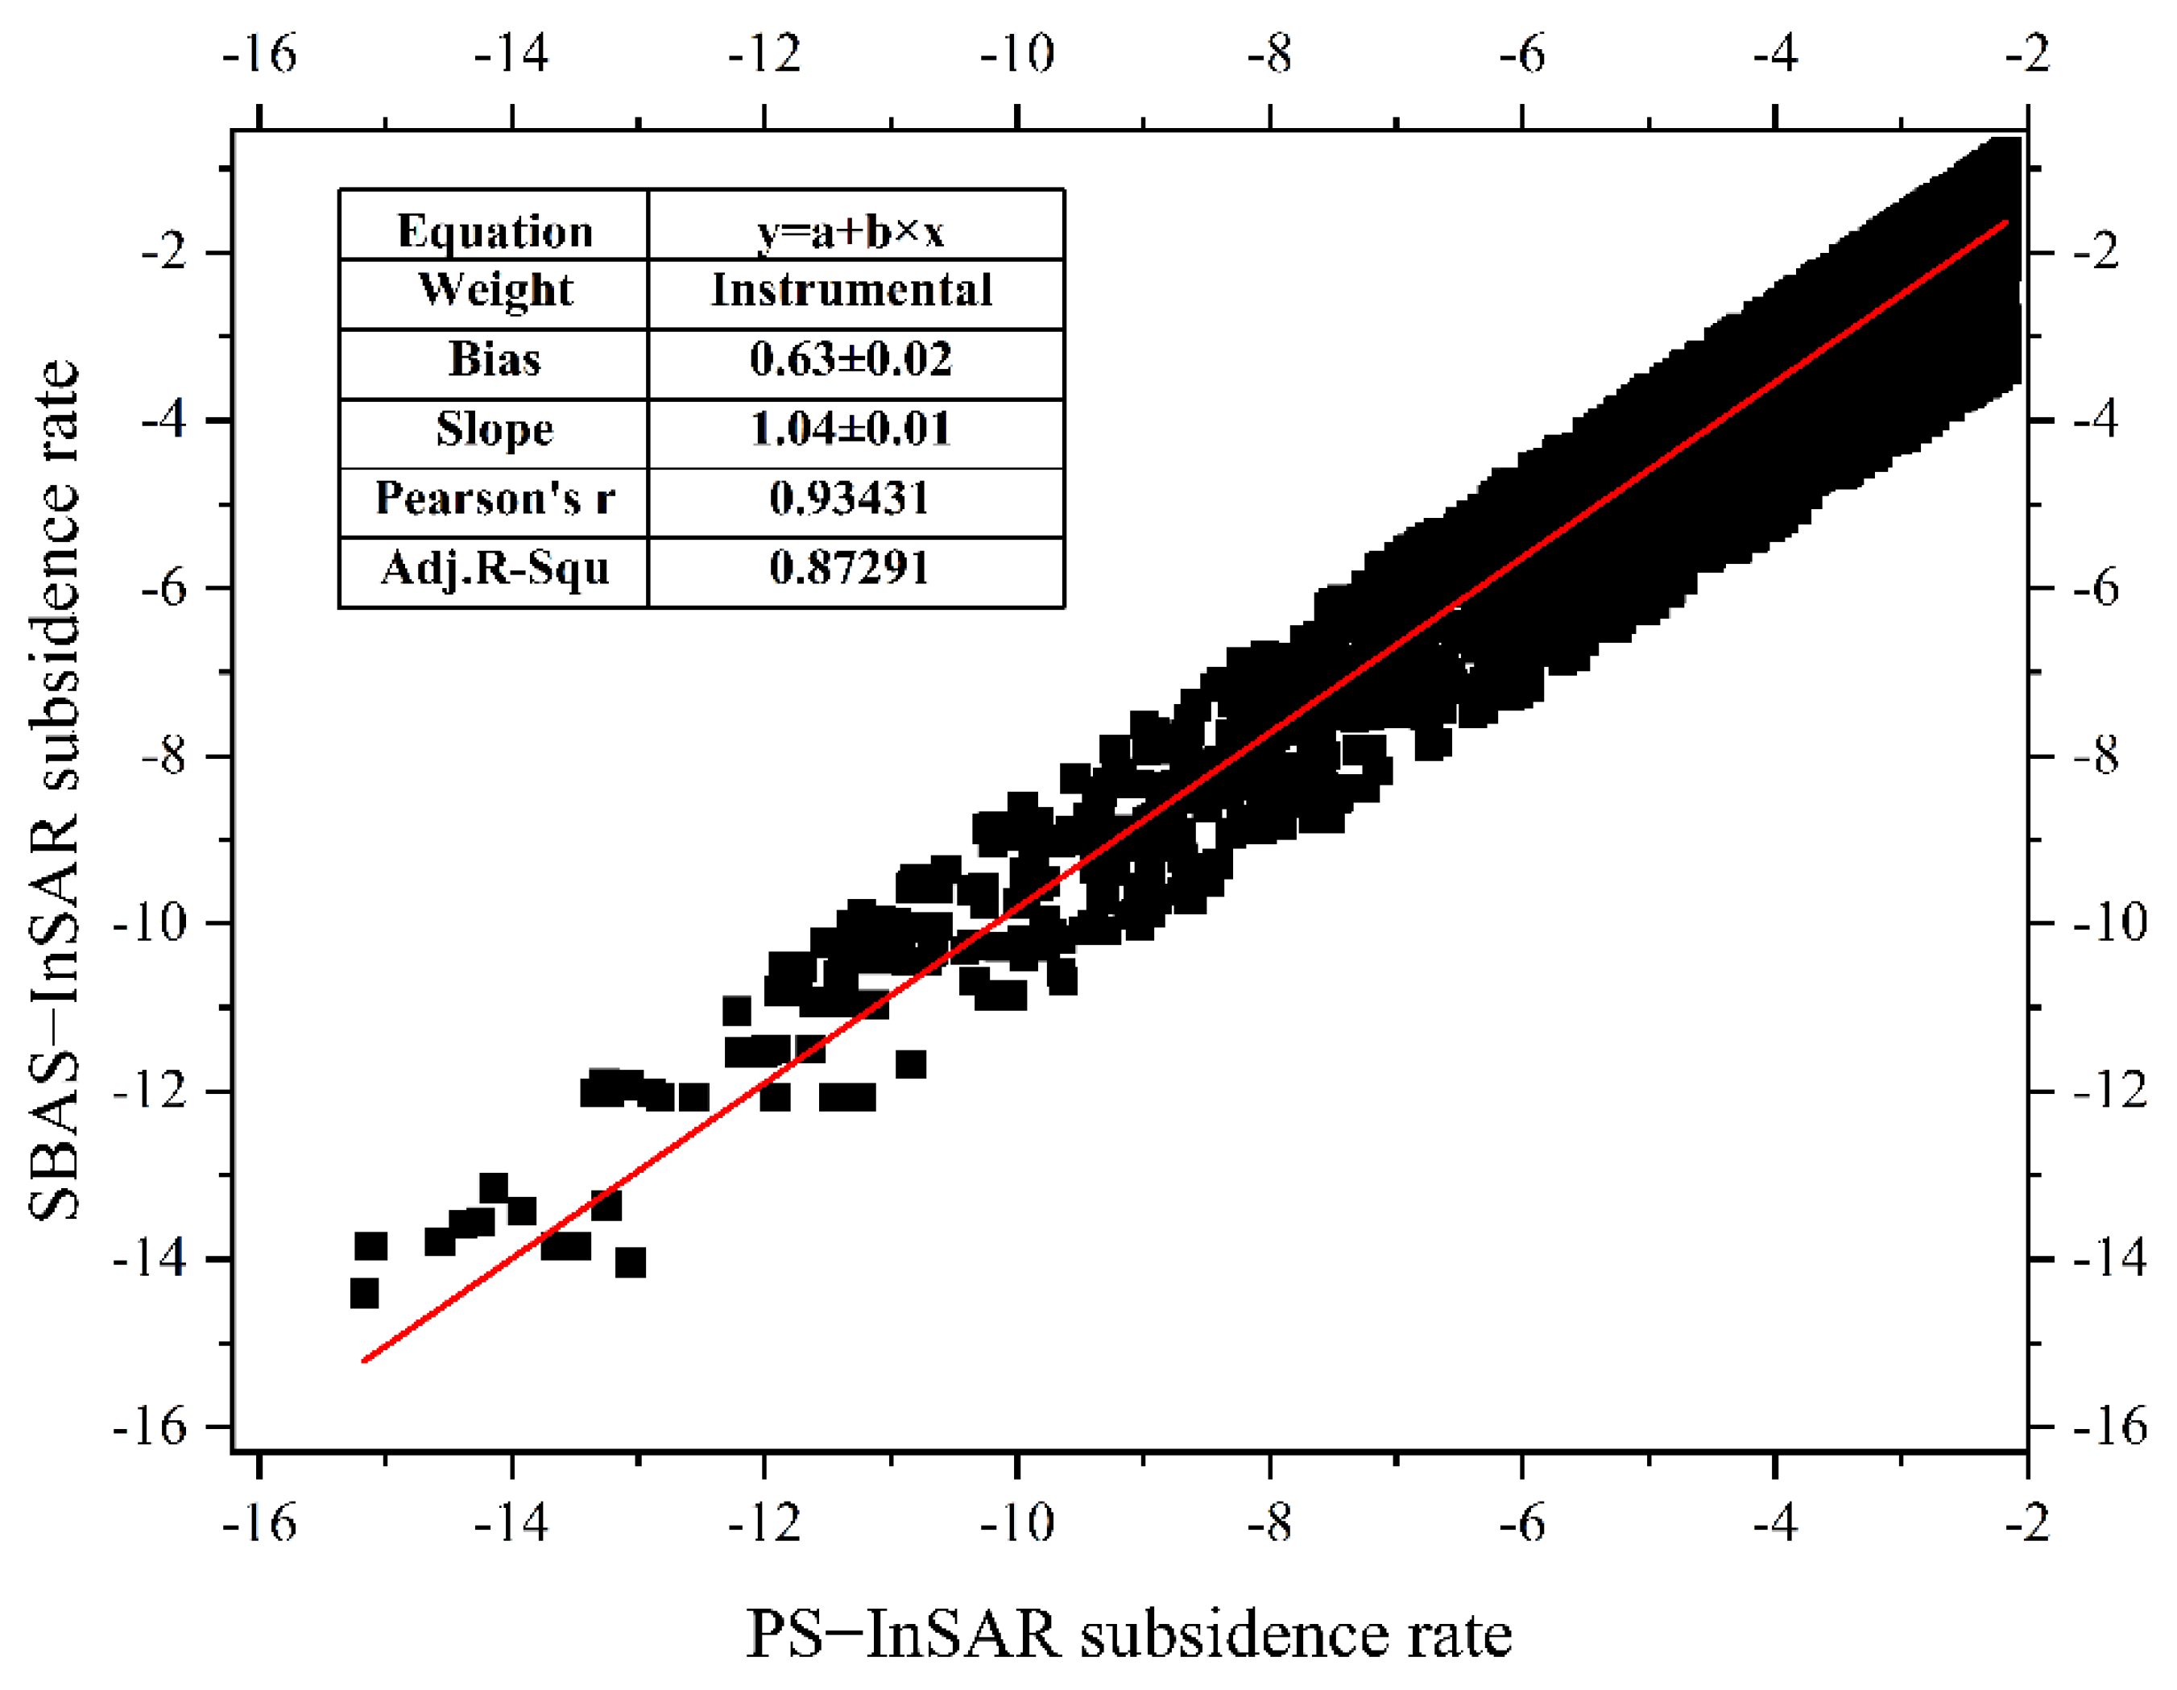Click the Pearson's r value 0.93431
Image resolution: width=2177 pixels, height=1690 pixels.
[x=849, y=498]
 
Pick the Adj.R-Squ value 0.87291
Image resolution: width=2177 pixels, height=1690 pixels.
[x=849, y=567]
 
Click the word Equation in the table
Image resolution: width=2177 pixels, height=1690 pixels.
[x=495, y=231]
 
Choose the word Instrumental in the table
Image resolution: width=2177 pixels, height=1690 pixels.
[x=851, y=290]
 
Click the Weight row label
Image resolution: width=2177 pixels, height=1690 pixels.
[x=495, y=290]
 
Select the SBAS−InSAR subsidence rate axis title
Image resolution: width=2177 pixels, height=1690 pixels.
[x=52, y=789]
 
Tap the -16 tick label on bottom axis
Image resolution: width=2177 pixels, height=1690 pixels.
[x=259, y=1522]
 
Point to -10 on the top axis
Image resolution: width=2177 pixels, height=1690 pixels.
[x=1016, y=53]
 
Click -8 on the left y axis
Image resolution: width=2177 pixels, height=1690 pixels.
[x=163, y=756]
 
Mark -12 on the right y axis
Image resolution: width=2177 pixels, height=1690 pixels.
[x=2109, y=1090]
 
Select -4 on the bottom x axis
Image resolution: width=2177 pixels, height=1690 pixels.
[x=1775, y=1522]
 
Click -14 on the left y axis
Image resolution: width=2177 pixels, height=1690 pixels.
[x=150, y=1259]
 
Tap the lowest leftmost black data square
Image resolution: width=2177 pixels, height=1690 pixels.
[x=365, y=1293]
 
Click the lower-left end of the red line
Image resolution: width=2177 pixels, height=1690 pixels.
[x=365, y=1360]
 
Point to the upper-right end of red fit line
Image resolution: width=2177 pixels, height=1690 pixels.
[x=2005, y=223]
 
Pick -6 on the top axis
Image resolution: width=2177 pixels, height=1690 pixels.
[x=1522, y=53]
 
